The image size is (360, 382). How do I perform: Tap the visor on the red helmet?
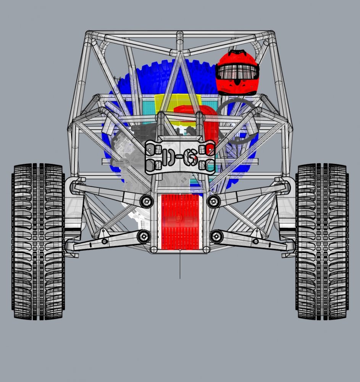click(237, 71)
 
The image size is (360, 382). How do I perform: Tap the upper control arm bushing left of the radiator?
click(146, 201)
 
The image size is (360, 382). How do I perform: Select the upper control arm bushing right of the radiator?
click(213, 201)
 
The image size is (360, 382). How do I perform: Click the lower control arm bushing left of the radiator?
click(144, 236)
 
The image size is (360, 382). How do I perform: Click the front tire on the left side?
click(38, 241)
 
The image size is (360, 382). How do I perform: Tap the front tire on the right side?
click(322, 241)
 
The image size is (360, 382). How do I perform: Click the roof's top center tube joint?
click(180, 36)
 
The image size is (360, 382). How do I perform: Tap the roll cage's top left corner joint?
click(89, 36)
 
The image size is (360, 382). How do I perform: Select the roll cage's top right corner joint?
click(271, 36)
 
